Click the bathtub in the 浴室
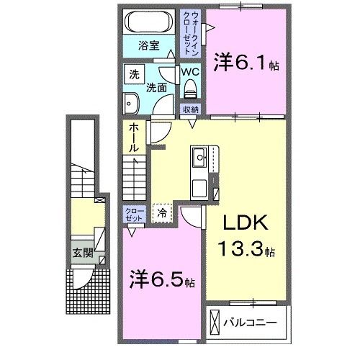(149, 22)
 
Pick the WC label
(190, 73)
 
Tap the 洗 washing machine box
(134, 74)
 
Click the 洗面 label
(156, 89)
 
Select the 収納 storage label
(189, 110)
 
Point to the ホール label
(135, 138)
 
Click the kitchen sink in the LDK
(200, 157)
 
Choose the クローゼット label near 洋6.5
(135, 214)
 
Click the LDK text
(246, 224)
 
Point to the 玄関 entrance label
(81, 253)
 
